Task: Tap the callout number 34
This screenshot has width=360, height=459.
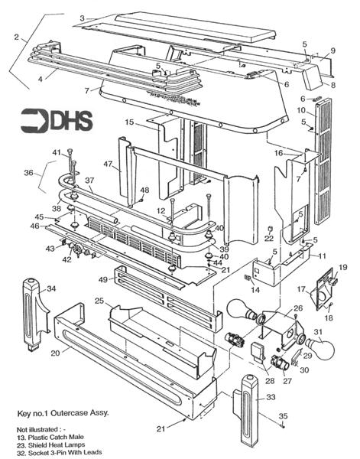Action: (51, 288)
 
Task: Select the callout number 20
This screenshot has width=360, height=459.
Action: (54, 353)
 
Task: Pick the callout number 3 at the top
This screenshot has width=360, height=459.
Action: (81, 17)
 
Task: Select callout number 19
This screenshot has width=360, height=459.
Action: (342, 267)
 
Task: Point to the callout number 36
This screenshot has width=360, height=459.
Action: (29, 173)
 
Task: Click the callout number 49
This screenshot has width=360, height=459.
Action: (103, 280)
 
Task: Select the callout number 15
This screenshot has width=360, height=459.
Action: (130, 122)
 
